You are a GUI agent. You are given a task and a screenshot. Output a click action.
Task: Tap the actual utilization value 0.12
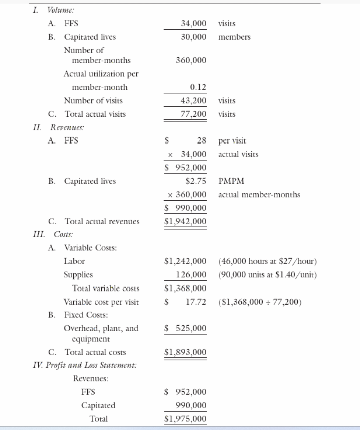pyautogui.click(x=197, y=87)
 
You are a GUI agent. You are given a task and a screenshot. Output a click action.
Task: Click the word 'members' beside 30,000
pyautogui.click(x=234, y=37)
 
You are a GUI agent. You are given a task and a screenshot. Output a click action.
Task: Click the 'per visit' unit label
pyautogui.click(x=232, y=141)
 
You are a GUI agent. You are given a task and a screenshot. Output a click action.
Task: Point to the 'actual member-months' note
pyautogui.click(x=259, y=195)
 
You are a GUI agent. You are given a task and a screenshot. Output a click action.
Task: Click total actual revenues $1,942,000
pyautogui.click(x=186, y=221)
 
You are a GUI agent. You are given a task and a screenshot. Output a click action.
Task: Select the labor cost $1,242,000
pyautogui.click(x=186, y=261)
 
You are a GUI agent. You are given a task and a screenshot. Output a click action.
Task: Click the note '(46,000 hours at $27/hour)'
pyautogui.click(x=267, y=261)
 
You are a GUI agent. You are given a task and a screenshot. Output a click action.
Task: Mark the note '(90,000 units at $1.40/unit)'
pyautogui.click(x=267, y=275)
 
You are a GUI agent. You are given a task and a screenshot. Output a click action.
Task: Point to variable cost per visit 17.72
pyautogui.click(x=197, y=302)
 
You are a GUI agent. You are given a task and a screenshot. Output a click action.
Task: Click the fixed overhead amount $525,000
pyautogui.click(x=186, y=328)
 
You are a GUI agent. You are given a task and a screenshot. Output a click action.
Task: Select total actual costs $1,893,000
pyautogui.click(x=186, y=352)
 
